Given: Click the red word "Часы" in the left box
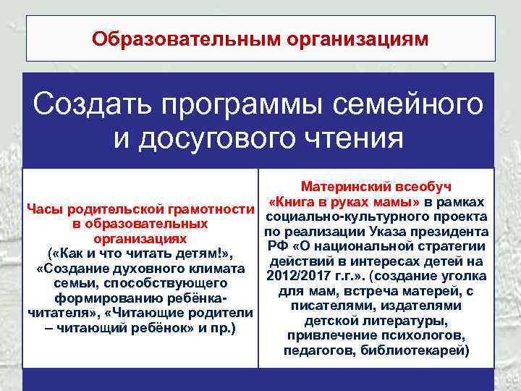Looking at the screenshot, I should pyautogui.click(x=45, y=210).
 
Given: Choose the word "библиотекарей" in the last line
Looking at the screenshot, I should pyautogui.click(x=422, y=351).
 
